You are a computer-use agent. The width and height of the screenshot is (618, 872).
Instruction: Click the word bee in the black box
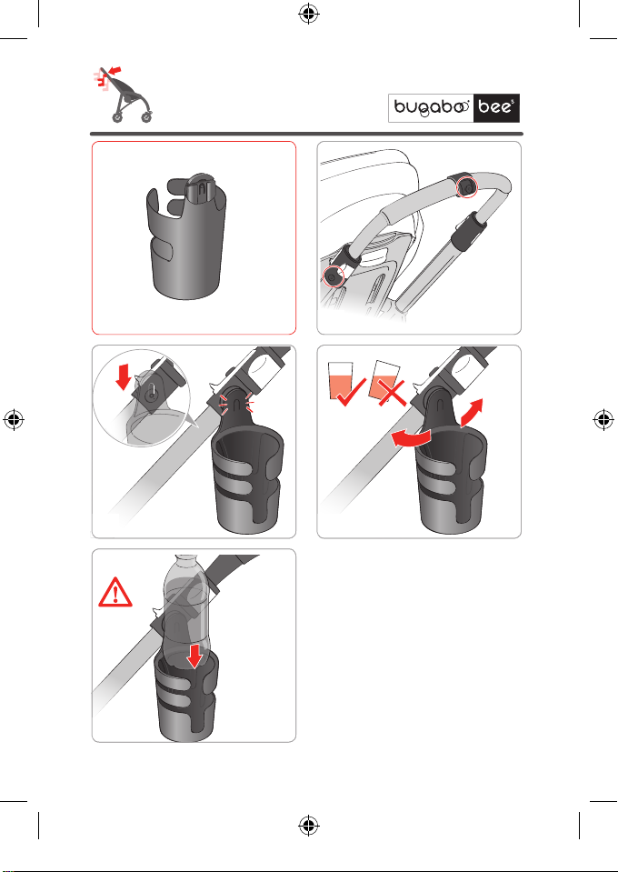coord(494,106)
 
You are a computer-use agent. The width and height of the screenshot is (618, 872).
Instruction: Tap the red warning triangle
coord(115,591)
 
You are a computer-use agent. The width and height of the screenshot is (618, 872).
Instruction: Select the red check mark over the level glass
coord(347,393)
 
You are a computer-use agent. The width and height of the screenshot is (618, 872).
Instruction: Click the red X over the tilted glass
coord(392,393)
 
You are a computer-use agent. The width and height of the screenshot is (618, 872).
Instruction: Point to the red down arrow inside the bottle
coord(194,657)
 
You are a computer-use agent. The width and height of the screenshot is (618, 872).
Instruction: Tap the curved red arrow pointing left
coord(412,438)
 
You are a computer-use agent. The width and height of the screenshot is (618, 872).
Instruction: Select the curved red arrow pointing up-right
coord(473,413)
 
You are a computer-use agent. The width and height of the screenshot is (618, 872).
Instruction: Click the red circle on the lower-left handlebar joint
coord(334,275)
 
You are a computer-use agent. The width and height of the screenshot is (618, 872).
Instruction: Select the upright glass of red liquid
coord(340,380)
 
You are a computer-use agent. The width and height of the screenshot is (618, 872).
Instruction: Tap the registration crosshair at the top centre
coord(309,14)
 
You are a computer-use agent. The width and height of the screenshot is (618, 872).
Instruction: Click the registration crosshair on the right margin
coord(603,420)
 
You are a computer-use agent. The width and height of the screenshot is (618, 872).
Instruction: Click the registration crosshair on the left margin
coord(14,420)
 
